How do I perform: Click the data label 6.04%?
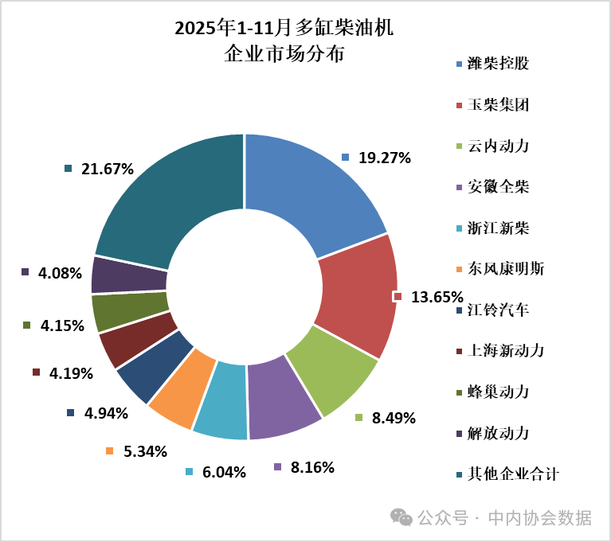(x=224, y=472)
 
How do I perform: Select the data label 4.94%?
(x=105, y=412)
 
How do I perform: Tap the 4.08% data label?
(x=60, y=273)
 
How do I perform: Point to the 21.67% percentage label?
(x=107, y=169)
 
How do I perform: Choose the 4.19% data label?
(x=72, y=373)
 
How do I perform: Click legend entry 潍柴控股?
(x=499, y=64)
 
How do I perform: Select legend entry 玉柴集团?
(x=499, y=105)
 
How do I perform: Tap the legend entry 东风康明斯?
(x=507, y=268)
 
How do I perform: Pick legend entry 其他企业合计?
(x=514, y=474)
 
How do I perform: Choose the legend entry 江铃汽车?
(x=499, y=310)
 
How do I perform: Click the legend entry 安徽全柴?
(x=499, y=187)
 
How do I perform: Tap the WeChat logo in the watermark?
(x=401, y=518)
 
